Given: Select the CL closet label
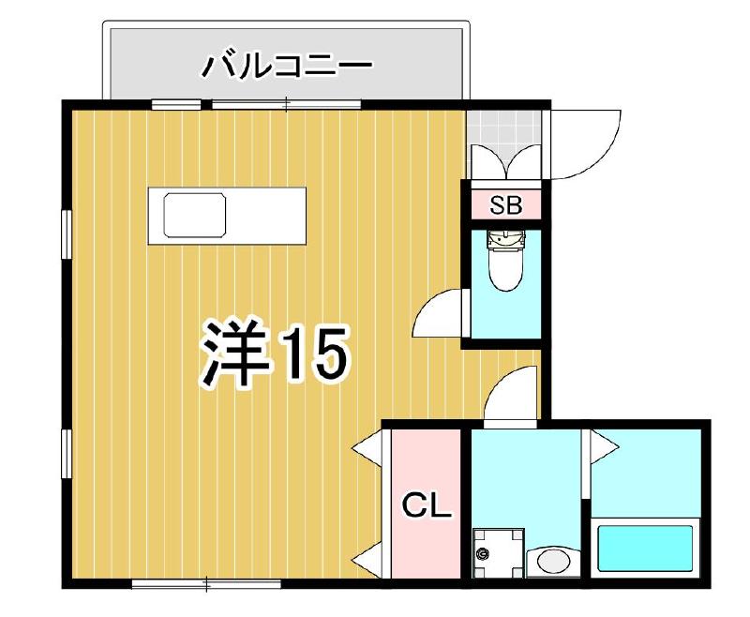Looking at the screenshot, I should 427,507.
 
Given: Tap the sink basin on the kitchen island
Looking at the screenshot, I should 195,215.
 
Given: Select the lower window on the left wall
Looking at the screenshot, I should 66,456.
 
